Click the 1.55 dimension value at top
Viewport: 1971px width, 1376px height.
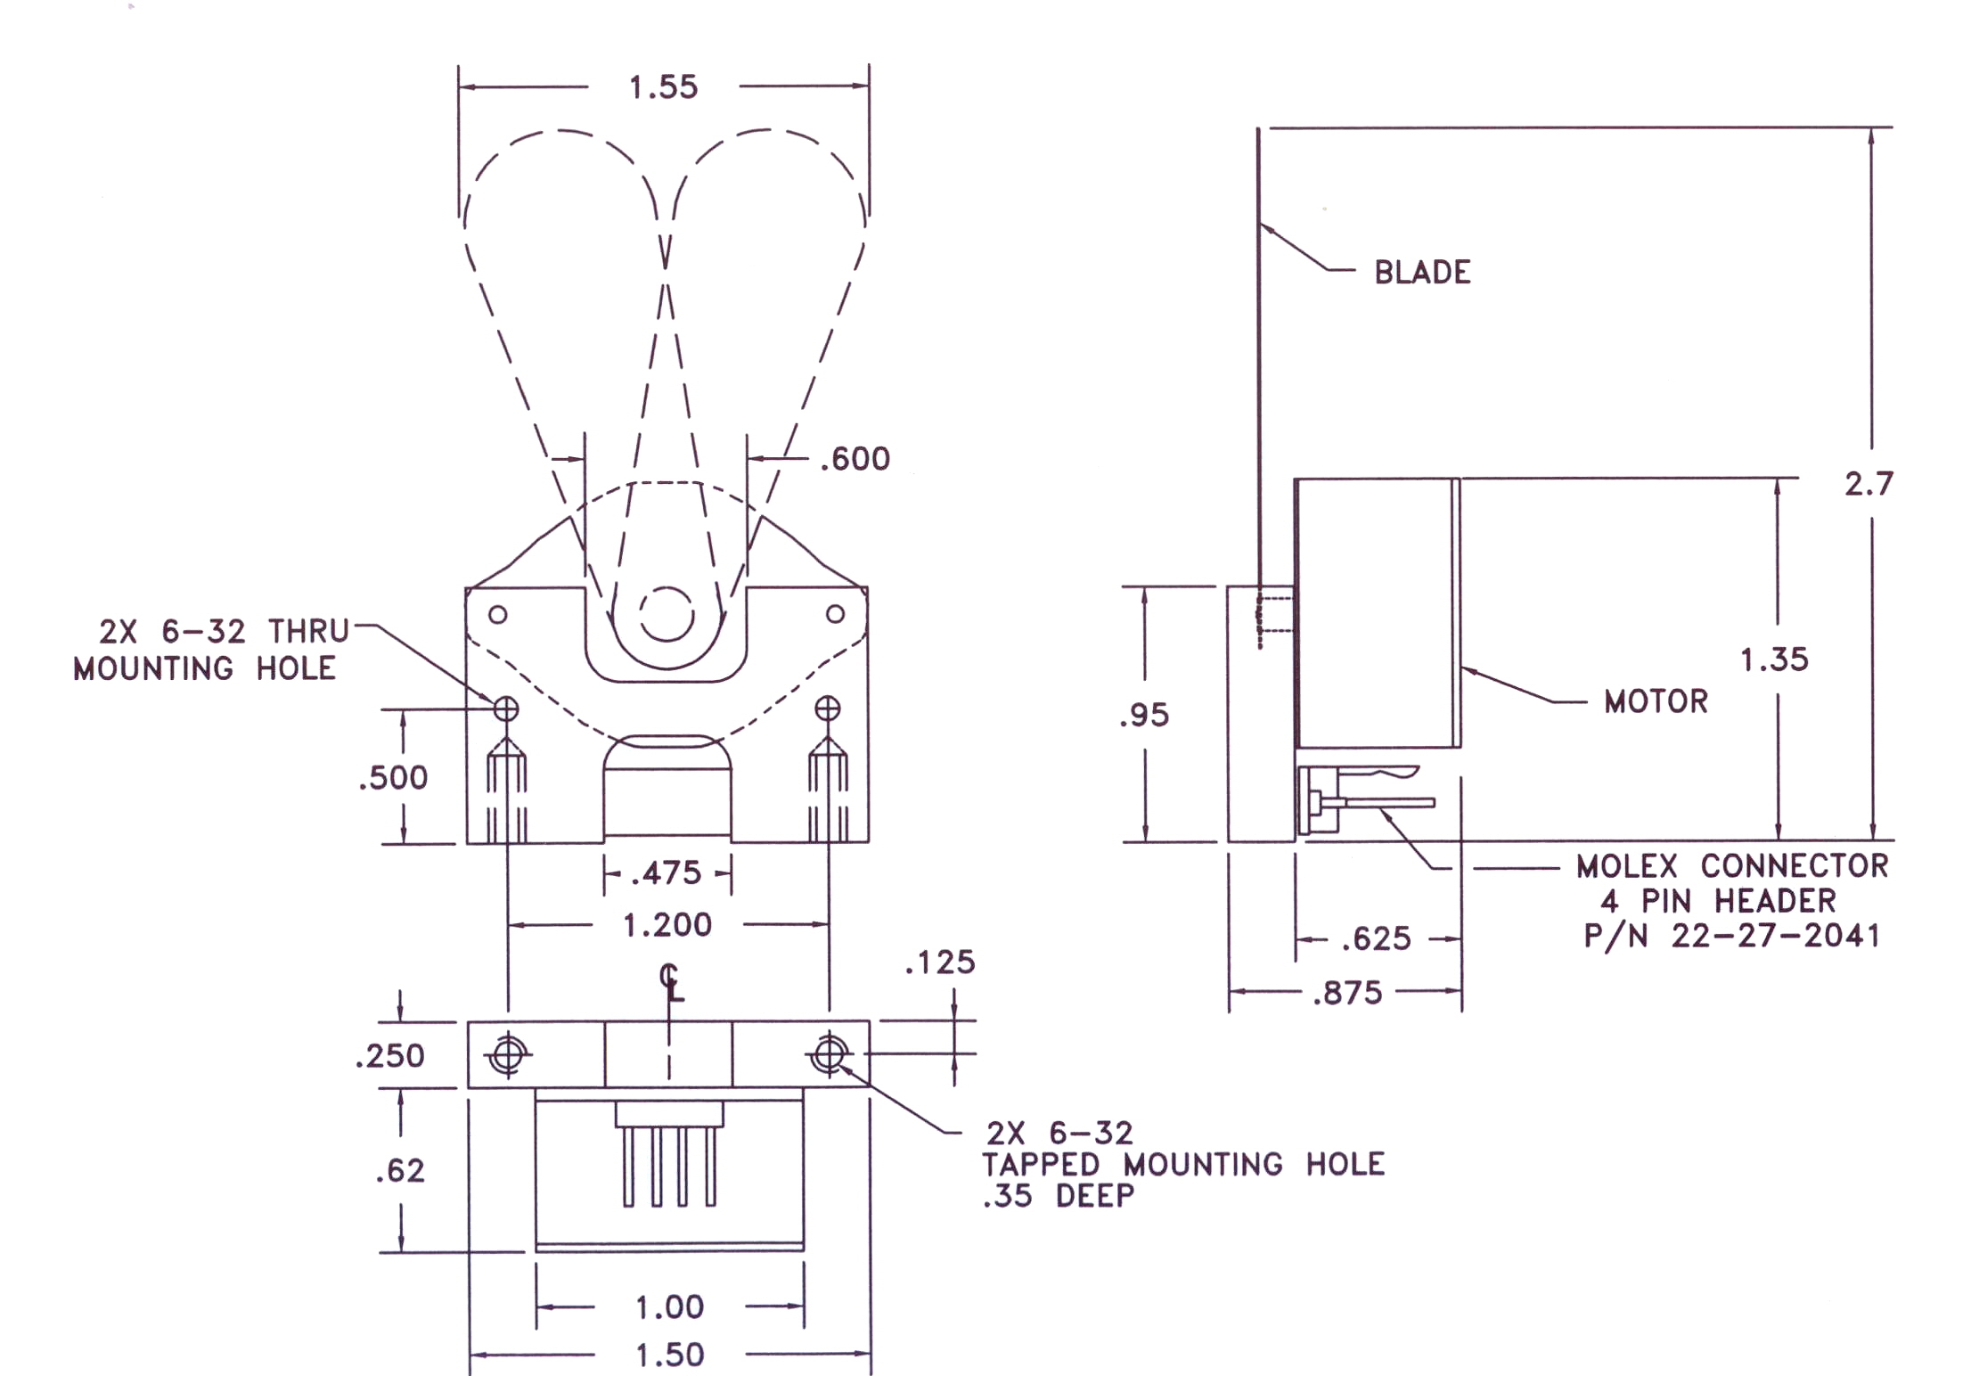pos(663,87)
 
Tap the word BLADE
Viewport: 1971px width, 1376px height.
pos(1422,272)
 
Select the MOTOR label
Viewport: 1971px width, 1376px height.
pos(1656,701)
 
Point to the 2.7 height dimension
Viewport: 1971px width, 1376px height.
pos(1868,484)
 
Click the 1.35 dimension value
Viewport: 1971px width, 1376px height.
pos(1774,659)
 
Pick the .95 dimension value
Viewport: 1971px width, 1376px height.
pos(1144,715)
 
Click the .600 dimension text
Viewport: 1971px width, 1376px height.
pos(855,459)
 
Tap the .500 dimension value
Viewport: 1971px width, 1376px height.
pos(393,778)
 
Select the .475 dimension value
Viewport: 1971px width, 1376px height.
pos(667,872)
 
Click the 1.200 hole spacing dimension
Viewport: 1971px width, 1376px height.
pos(667,925)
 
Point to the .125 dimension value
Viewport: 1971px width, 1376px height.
pos(940,962)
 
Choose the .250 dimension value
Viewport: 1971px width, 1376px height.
pos(389,1056)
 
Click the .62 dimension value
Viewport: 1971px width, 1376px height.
pos(400,1170)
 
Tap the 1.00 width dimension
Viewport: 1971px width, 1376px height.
pos(669,1307)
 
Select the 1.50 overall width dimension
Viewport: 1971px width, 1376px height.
pos(669,1356)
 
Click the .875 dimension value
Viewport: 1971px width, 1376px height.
pos(1347,993)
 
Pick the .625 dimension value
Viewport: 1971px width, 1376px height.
pos(1377,938)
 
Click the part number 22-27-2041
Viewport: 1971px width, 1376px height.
pos(1775,936)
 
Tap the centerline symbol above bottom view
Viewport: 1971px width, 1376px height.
pos(672,981)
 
